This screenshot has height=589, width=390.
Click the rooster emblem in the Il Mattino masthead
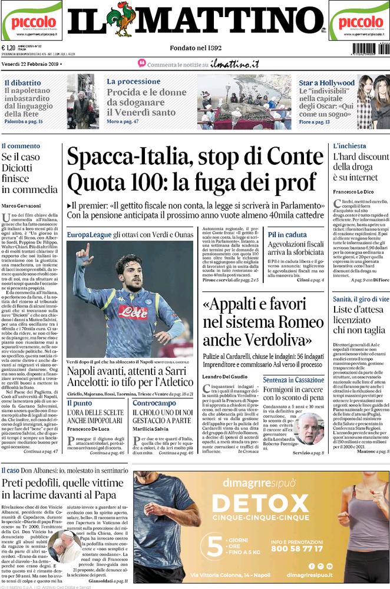(x=124, y=19)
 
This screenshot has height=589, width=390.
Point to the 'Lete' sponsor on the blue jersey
(x=134, y=312)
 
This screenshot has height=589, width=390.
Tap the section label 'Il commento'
(x=21, y=145)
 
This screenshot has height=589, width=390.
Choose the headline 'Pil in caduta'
(x=287, y=234)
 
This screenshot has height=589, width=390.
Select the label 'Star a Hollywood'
(x=326, y=83)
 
